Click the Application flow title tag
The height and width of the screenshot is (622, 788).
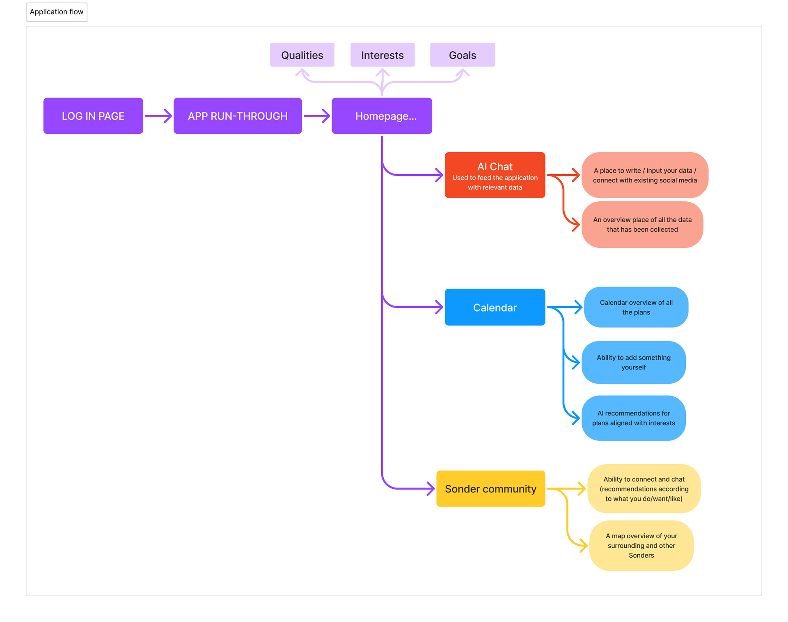[57, 12]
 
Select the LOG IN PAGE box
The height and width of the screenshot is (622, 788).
[93, 116]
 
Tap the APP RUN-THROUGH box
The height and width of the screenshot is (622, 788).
[238, 116]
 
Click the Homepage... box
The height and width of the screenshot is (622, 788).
[382, 116]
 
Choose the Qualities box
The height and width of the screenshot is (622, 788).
[302, 55]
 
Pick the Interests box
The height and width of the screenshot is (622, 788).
[383, 55]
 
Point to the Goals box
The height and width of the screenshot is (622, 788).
[463, 55]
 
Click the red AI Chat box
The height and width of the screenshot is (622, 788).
[495, 175]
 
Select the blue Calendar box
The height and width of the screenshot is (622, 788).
[495, 307]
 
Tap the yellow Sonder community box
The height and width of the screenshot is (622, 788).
[491, 489]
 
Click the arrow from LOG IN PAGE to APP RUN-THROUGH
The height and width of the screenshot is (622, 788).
[158, 116]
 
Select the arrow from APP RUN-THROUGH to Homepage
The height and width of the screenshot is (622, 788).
[317, 116]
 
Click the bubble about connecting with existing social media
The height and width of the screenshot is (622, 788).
[645, 175]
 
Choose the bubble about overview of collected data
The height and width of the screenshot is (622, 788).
[642, 225]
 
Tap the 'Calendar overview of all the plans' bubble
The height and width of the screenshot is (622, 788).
[636, 307]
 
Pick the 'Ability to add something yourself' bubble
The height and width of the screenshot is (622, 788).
[634, 362]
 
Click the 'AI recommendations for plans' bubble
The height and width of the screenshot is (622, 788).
[634, 418]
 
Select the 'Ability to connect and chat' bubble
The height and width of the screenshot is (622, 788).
[644, 489]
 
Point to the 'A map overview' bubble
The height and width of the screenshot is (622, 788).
[641, 546]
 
